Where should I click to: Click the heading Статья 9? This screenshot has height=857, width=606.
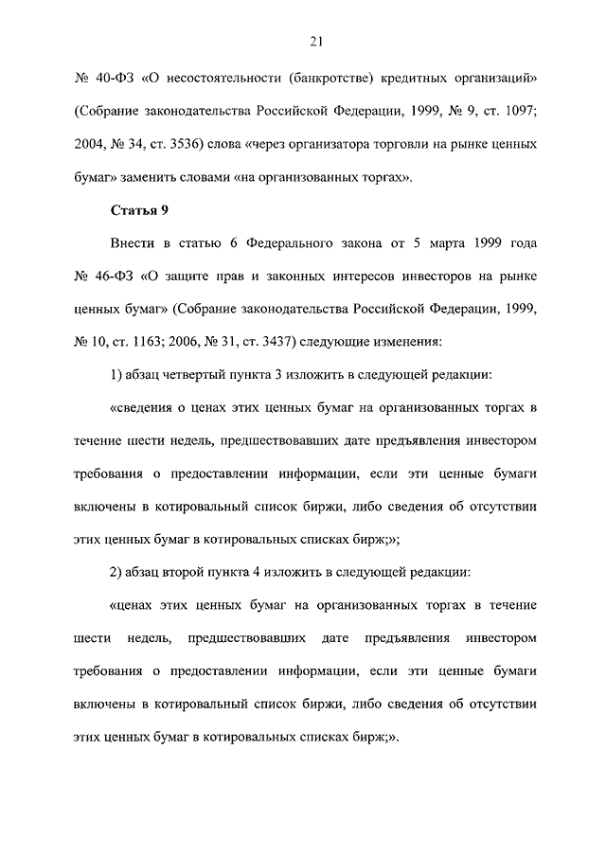139,210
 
